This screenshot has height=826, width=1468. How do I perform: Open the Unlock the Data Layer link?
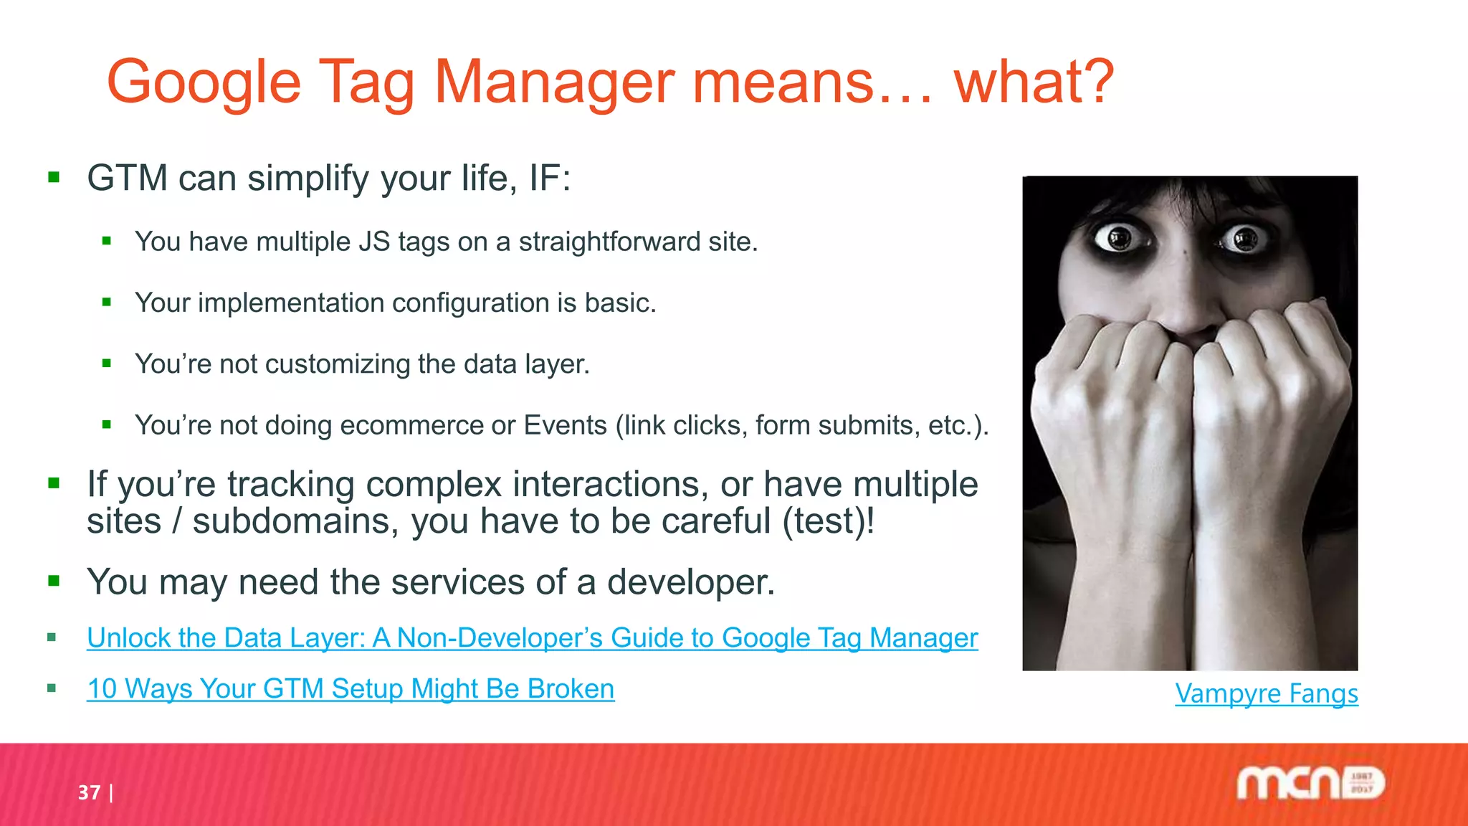[532, 637]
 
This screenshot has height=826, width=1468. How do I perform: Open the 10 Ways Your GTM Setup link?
[351, 688]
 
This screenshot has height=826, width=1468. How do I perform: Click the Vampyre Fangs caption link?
[1266, 693]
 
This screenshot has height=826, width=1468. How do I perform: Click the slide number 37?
[89, 792]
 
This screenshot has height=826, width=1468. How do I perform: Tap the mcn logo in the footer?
[1310, 783]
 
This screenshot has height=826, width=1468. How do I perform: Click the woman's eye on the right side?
[1245, 238]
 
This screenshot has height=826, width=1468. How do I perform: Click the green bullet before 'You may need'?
[54, 581]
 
